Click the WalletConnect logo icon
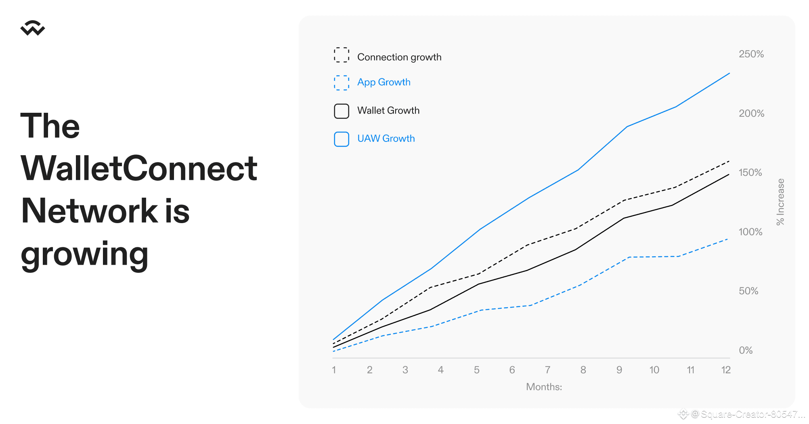tap(33, 28)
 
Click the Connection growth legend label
tap(399, 57)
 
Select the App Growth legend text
tap(384, 82)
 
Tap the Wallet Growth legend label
tap(388, 110)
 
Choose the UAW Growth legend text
tap(386, 139)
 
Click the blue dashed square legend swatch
tap(342, 83)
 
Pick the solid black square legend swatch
tap(342, 111)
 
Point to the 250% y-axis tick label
tap(751, 54)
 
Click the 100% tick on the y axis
tap(750, 232)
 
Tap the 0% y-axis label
tap(746, 350)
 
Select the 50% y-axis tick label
tap(748, 291)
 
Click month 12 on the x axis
tap(726, 370)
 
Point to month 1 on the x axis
tap(334, 370)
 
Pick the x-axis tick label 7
tap(547, 370)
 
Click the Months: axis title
tap(544, 387)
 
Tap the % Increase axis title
tap(780, 202)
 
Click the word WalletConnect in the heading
tap(139, 168)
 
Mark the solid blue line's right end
tap(729, 73)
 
